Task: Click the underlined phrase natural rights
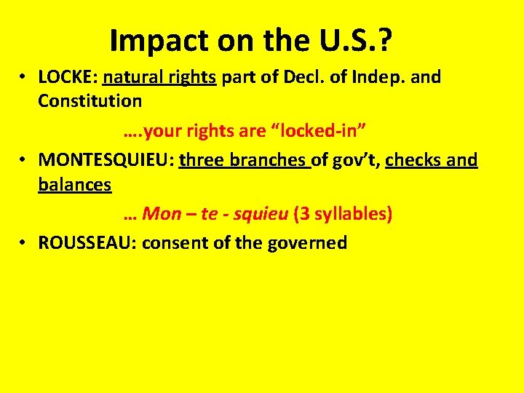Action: pyautogui.click(x=159, y=77)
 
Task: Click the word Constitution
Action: pyautogui.click(x=90, y=100)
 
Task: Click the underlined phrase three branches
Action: pyautogui.click(x=244, y=160)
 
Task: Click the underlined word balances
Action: pyautogui.click(x=74, y=184)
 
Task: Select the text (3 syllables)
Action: pyautogui.click(x=343, y=214)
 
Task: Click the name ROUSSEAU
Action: pyautogui.click(x=87, y=243)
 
